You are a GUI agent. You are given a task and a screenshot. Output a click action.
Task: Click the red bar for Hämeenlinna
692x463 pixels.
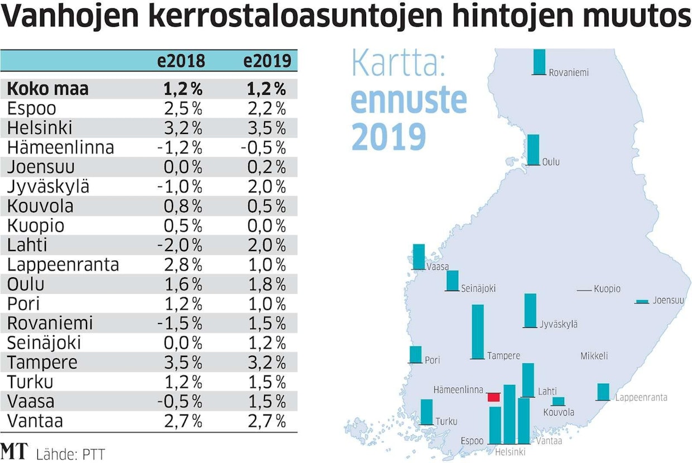[493, 397]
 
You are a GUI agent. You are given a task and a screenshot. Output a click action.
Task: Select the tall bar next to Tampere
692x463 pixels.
[478, 331]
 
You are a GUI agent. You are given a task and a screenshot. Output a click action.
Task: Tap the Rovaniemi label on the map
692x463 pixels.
[568, 73]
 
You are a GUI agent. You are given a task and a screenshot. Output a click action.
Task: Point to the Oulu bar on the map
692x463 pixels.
[534, 149]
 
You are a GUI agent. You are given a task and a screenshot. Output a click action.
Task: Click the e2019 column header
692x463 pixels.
[267, 61]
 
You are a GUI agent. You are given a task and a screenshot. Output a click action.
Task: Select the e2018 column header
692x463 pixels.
[181, 61]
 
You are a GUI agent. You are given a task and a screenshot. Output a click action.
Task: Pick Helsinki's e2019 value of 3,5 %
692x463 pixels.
[265, 128]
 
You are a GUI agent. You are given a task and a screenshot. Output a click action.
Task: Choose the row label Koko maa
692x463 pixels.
[48, 89]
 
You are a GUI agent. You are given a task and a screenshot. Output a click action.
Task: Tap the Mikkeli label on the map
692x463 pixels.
[594, 356]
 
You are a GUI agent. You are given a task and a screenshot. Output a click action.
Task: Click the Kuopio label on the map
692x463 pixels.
[607, 289]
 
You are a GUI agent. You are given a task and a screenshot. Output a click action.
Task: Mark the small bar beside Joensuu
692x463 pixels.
[643, 301]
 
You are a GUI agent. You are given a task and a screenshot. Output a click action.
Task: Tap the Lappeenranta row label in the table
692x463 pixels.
[63, 264]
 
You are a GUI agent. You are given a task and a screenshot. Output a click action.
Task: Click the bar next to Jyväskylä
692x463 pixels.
[530, 310]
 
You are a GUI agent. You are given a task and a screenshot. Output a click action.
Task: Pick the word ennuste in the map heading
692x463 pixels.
[409, 100]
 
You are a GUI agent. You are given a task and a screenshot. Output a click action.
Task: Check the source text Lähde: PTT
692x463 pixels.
[70, 454]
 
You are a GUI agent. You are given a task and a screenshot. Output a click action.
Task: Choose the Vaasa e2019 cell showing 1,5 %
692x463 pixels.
[265, 401]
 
